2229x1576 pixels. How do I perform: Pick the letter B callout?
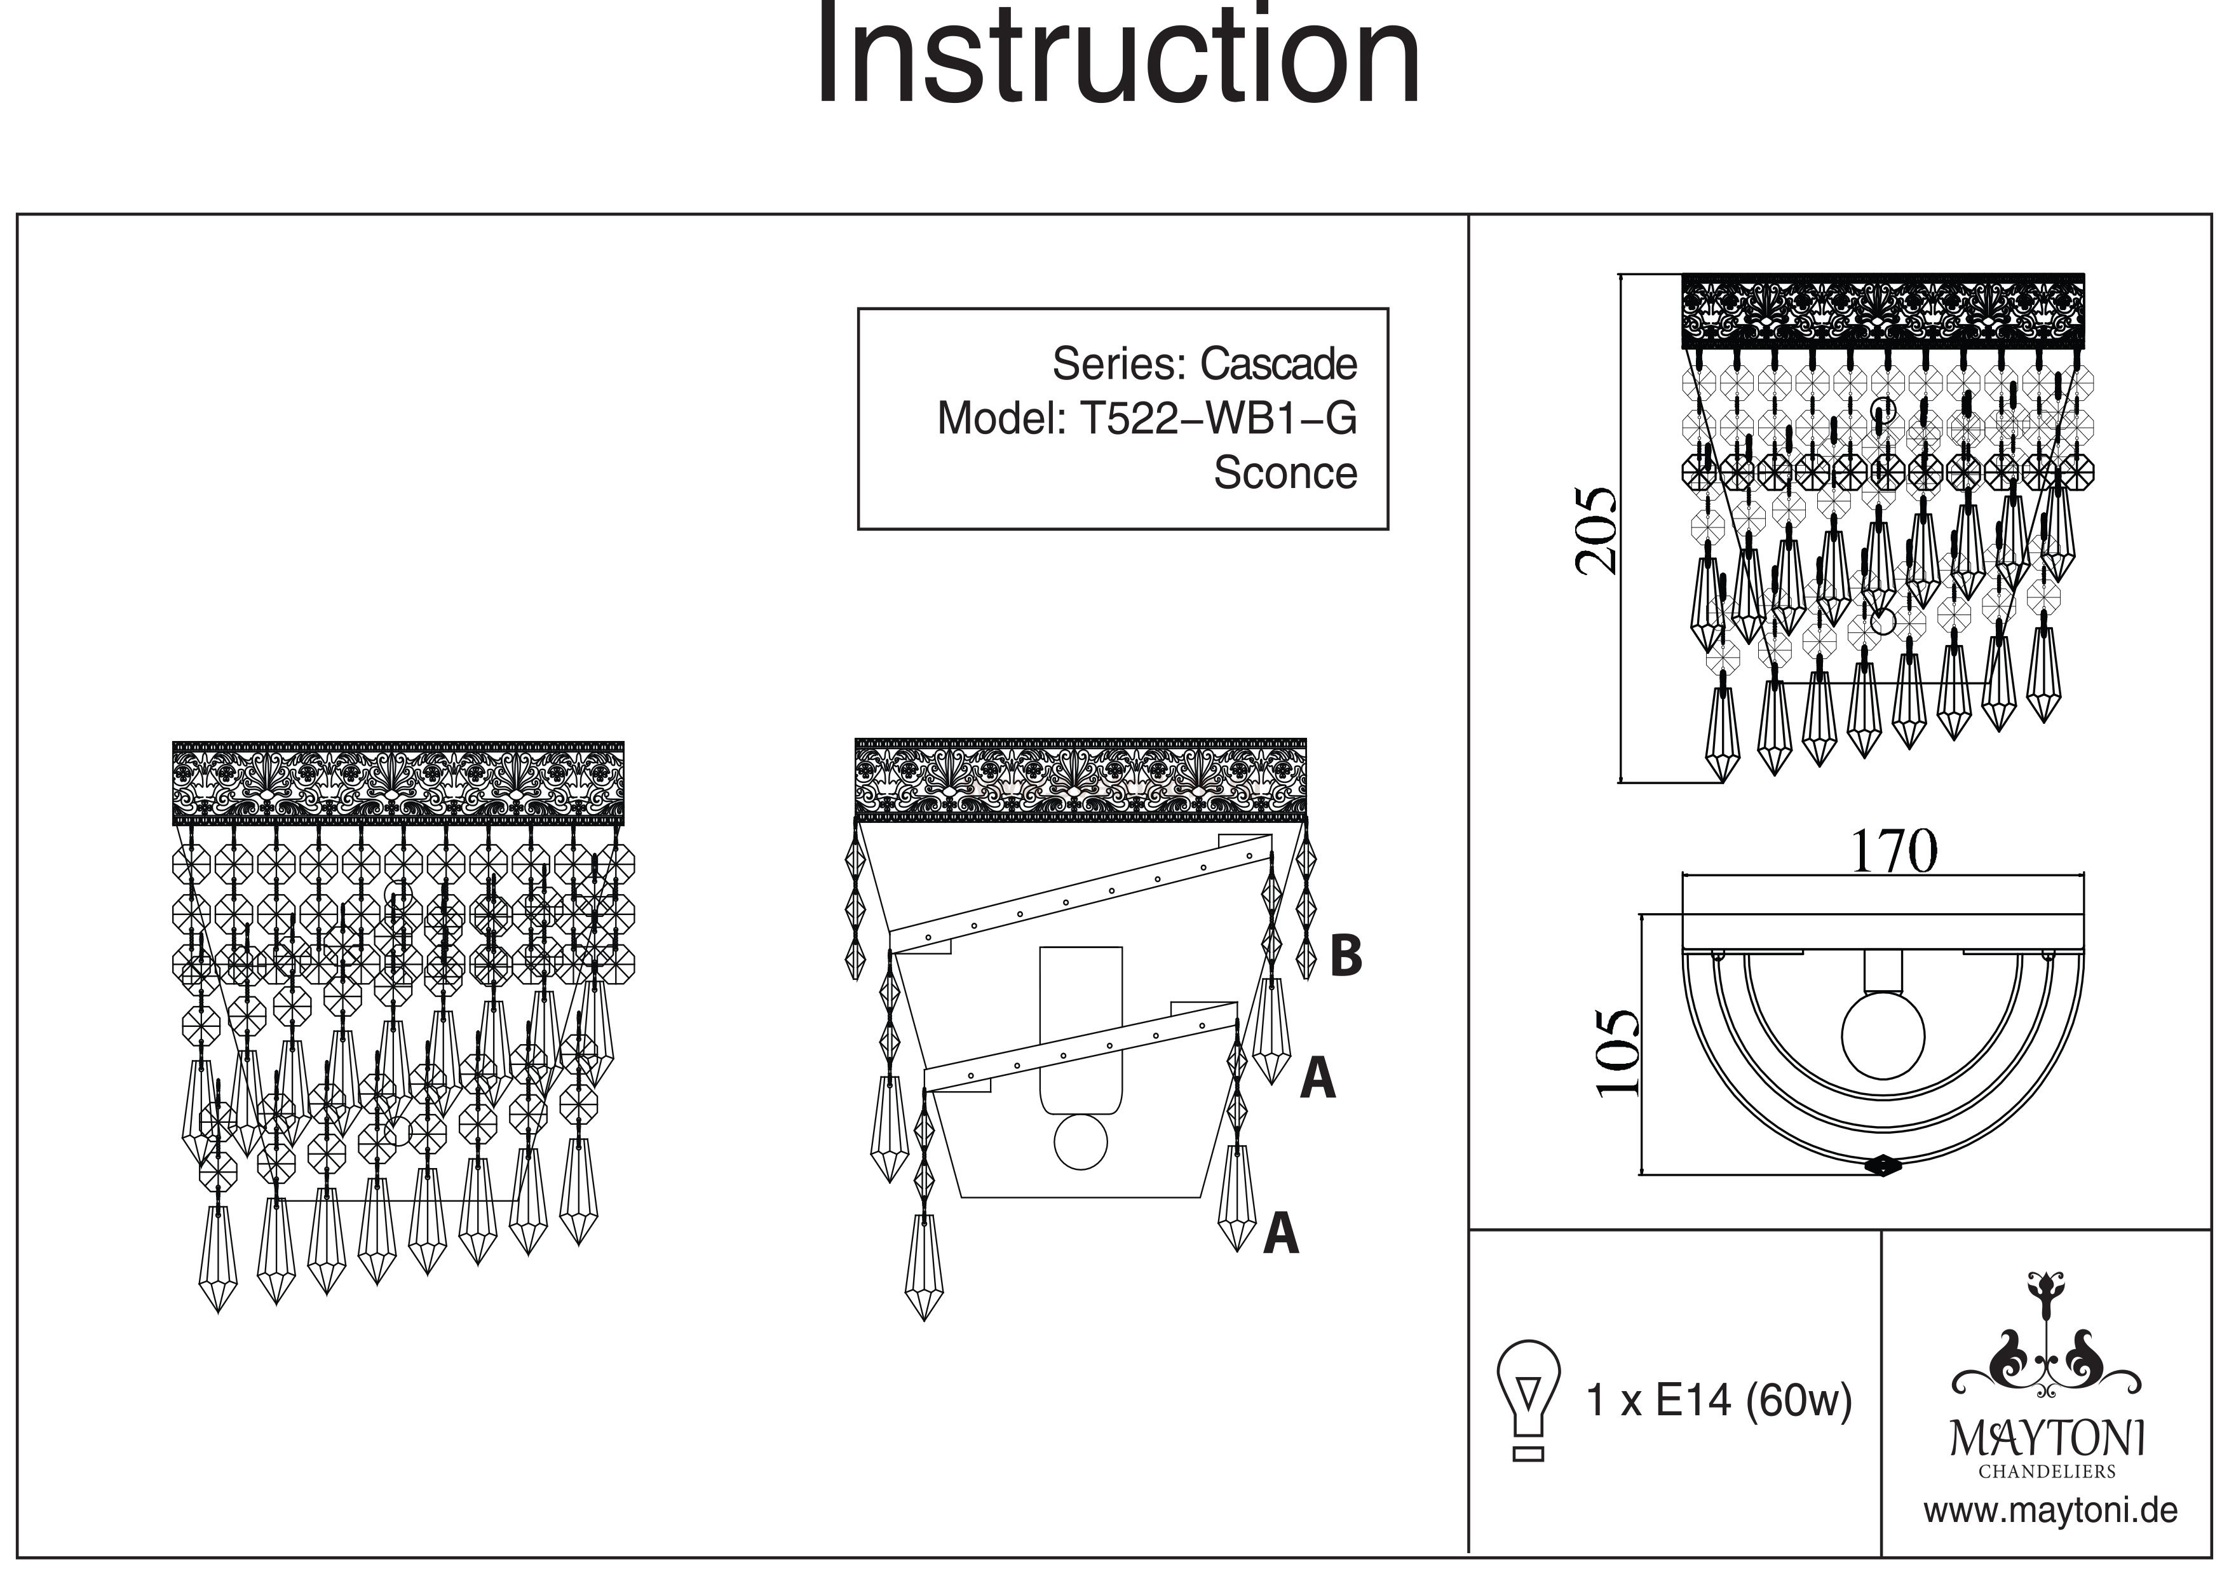(1346, 956)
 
